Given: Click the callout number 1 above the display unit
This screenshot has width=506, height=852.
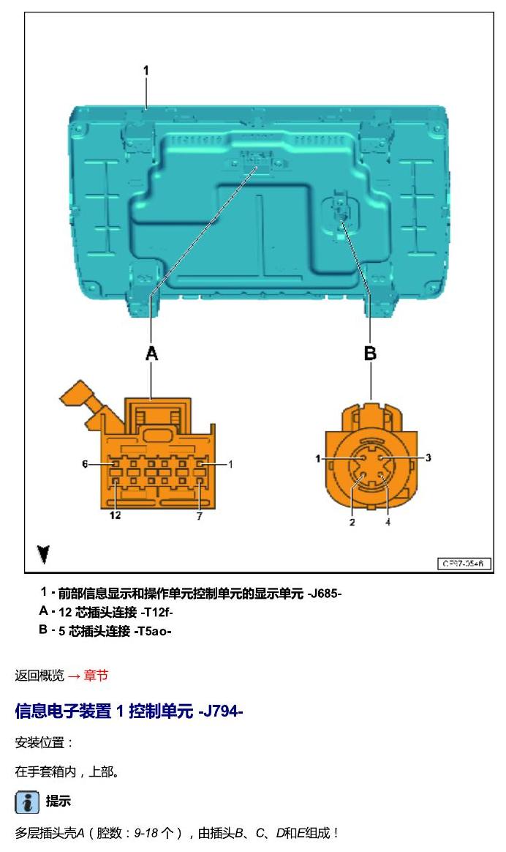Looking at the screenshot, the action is (146, 71).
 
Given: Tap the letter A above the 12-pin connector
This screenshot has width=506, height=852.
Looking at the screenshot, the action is (152, 354).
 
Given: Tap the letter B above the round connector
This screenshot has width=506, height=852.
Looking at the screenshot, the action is (370, 354).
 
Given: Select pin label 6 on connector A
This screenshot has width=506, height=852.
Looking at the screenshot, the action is (85, 464).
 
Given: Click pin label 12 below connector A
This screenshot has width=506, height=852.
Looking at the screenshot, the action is (115, 515).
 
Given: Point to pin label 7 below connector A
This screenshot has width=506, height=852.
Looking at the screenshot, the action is (199, 515).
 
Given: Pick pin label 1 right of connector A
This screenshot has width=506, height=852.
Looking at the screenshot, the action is (231, 465).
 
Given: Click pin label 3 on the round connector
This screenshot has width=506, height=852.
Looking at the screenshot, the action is (428, 457).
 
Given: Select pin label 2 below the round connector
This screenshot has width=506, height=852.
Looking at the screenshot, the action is (352, 522).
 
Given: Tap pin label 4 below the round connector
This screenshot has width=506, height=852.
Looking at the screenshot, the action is (388, 522).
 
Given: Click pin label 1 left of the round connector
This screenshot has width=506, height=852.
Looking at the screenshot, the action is (318, 459).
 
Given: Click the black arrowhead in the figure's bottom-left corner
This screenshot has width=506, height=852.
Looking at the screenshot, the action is (43, 554).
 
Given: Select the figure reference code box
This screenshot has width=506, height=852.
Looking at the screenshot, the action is (464, 564).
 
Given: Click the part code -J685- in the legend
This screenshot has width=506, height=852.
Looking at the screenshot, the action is (325, 594).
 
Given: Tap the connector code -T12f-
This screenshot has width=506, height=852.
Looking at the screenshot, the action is (156, 613).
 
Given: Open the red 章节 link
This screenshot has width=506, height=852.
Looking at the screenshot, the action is (96, 676).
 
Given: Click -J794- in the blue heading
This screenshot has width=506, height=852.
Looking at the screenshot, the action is (220, 711).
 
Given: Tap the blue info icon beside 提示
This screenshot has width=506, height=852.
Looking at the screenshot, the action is (26, 802).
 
